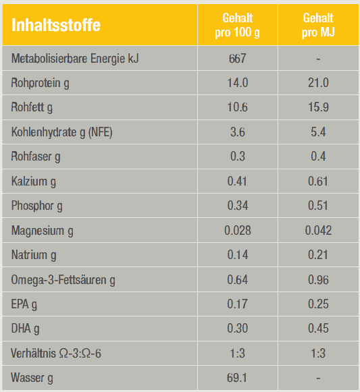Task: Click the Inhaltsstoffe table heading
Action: click(56, 25)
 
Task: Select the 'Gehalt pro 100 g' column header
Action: click(237, 25)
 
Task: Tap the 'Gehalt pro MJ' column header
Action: click(318, 25)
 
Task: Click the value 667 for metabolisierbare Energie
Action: click(237, 59)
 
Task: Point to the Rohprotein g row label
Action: click(40, 83)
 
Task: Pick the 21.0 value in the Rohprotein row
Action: click(318, 83)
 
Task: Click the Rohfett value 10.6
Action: click(237, 107)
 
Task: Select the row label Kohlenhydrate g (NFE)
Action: click(61, 132)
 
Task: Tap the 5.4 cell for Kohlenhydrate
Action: click(318, 132)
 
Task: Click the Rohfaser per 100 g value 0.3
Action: click(237, 157)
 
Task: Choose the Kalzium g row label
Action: click(34, 181)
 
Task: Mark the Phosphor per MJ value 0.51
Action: click(318, 206)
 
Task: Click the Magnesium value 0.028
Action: click(237, 230)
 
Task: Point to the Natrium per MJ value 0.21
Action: click(318, 255)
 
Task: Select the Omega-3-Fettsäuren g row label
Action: click(63, 280)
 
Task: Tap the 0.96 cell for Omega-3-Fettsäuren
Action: click(318, 279)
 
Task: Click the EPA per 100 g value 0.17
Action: click(237, 304)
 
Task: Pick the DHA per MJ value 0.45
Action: click(318, 329)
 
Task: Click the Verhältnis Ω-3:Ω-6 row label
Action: click(56, 354)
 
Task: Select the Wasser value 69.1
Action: click(237, 378)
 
